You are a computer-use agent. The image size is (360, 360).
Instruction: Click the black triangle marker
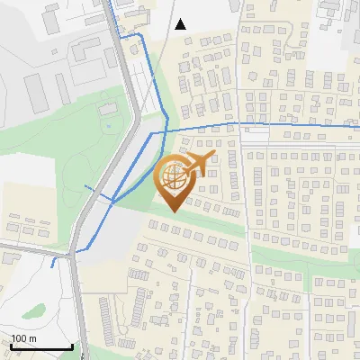tap(180, 24)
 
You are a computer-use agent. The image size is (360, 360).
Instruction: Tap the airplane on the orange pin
tap(196, 164)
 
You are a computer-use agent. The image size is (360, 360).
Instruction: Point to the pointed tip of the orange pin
tap(174, 211)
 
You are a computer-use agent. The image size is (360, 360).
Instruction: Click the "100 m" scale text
tap(23, 338)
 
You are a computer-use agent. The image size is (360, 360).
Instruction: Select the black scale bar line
tap(41, 346)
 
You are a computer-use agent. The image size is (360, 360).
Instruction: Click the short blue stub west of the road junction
tap(55, 263)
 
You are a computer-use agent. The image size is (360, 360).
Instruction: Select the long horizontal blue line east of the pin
tap(288, 126)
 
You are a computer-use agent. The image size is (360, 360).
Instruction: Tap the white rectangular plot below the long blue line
tap(256, 134)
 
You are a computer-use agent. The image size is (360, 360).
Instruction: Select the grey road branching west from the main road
tap(36, 243)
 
